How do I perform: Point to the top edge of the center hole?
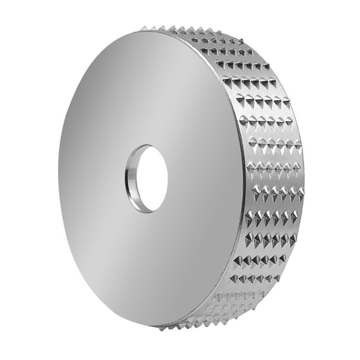tap(146, 145)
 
